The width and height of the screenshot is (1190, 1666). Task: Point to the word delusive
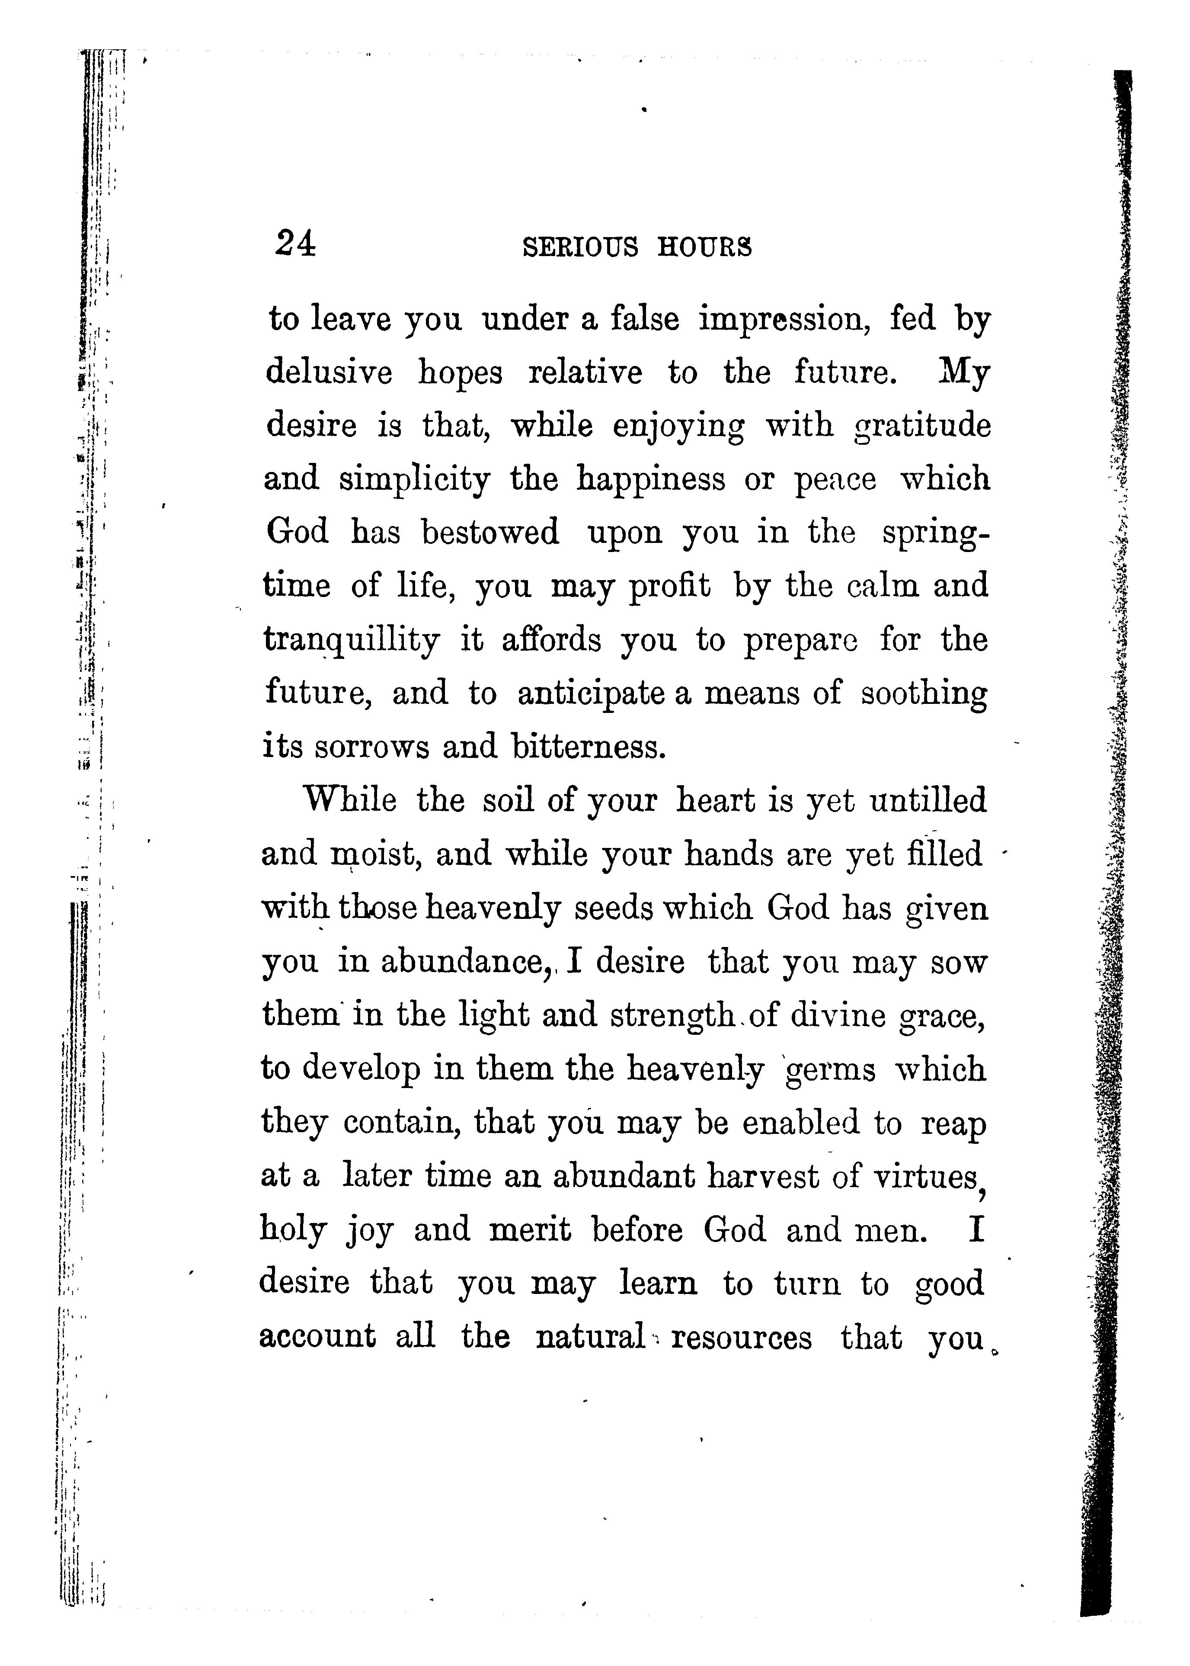point(329,372)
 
